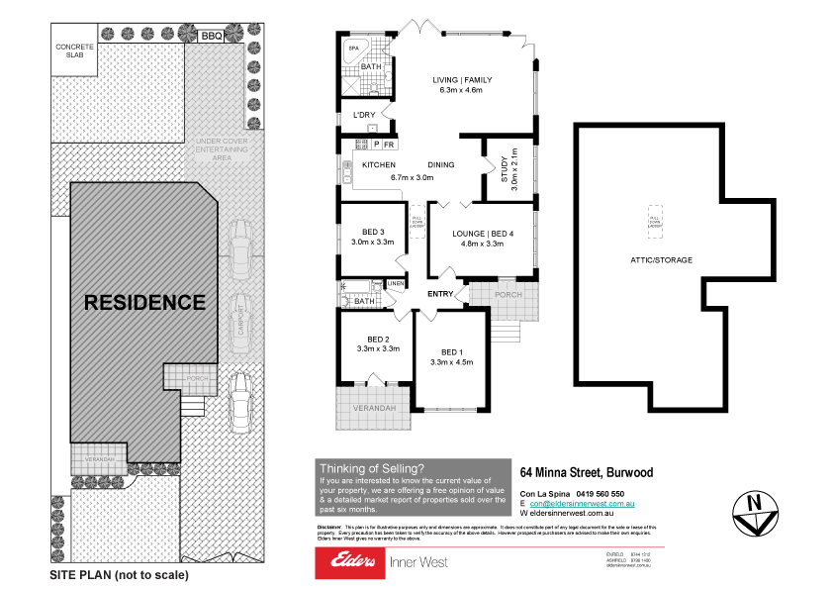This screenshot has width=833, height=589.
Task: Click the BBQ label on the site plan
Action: coord(210,36)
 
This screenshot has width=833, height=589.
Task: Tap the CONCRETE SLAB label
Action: coord(75,51)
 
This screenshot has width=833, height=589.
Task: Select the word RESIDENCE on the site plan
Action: coord(144,302)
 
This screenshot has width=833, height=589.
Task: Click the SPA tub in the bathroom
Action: coord(354,49)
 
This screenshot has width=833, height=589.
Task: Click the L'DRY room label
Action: coord(364,115)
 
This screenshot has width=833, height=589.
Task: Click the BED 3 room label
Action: coord(372,231)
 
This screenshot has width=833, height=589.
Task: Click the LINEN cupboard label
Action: coord(396,285)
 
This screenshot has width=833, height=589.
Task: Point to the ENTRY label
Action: coord(440,294)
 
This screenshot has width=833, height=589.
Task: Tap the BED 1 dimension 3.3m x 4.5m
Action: coord(451,362)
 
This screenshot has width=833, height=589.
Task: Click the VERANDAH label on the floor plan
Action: coord(373,408)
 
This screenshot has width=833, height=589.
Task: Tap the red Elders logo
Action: coord(347,562)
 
